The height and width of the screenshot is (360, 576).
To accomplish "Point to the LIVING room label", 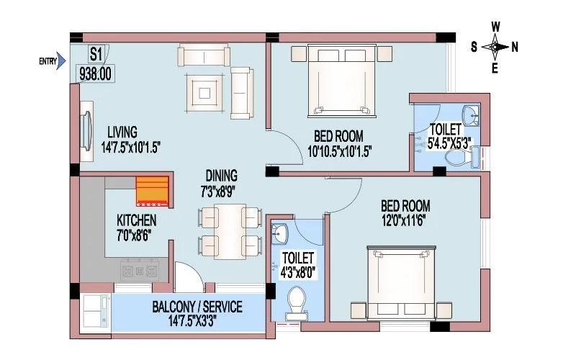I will click(122, 132).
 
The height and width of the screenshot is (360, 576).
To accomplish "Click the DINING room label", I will click(221, 176).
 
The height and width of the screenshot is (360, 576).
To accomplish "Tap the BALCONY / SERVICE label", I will click(197, 307).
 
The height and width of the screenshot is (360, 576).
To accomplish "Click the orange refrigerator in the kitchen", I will click(152, 192).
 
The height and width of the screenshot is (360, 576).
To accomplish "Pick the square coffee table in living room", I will click(205, 91).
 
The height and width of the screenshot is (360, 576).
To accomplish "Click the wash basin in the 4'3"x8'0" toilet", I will click(281, 233).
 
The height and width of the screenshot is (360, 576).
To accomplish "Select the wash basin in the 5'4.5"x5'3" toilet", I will click(472, 114).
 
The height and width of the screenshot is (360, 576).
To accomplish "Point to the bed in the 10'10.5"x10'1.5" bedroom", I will click(342, 79).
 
